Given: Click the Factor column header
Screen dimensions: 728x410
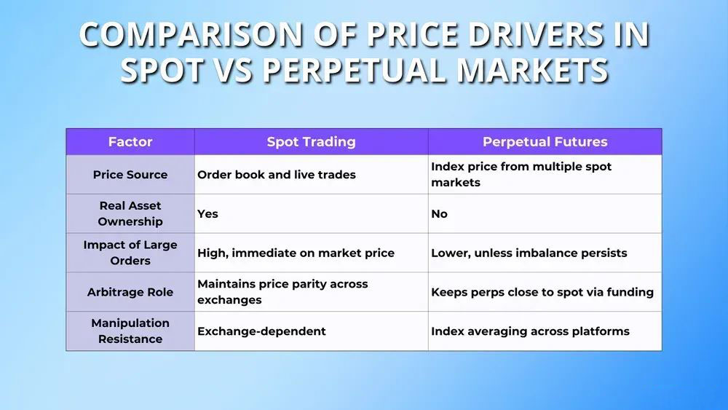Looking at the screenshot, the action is (130, 141).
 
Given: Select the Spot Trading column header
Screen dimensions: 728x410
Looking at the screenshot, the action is (311, 141).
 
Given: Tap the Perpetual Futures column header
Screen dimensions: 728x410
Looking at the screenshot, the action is (545, 141).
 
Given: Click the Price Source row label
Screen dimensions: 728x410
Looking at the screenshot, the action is (130, 175).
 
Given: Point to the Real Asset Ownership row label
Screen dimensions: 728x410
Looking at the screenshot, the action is (130, 213).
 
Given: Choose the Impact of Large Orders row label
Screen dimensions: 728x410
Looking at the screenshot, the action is (130, 253).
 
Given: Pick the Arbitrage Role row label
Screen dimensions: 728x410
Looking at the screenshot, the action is (130, 292).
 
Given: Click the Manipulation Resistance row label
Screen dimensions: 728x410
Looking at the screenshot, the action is (130, 331).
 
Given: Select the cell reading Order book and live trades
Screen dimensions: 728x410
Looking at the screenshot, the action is (277, 175).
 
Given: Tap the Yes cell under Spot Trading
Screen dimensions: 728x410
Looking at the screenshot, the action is (207, 213).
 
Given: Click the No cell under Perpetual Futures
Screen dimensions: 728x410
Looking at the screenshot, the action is (439, 213).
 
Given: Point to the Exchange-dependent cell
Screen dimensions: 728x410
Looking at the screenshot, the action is (262, 331).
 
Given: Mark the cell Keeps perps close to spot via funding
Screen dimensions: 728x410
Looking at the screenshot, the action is (542, 292).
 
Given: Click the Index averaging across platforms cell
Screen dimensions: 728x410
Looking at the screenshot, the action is (530, 331).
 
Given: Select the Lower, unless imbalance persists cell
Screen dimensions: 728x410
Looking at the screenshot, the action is (529, 253).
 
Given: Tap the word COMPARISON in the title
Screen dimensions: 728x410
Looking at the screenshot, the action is (191, 34).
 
